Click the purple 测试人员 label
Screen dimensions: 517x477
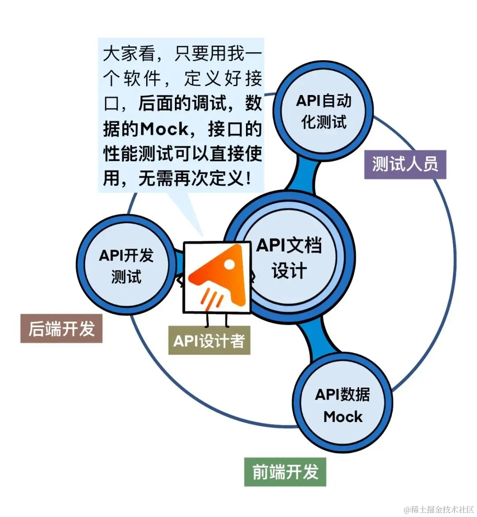[405, 164]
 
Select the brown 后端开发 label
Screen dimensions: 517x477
[61, 329]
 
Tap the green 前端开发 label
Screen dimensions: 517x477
[285, 472]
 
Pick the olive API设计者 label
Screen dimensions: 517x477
[209, 341]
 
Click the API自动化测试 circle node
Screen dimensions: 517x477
[323, 111]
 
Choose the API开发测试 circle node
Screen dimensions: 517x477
[126, 266]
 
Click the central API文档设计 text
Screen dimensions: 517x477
[290, 258]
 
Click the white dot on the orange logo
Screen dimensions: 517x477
[230, 264]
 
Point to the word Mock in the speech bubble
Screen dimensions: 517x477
[165, 129]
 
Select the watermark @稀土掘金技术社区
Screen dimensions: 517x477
[438, 509]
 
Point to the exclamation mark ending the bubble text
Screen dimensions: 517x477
[249, 179]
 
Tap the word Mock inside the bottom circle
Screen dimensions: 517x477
[343, 417]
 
